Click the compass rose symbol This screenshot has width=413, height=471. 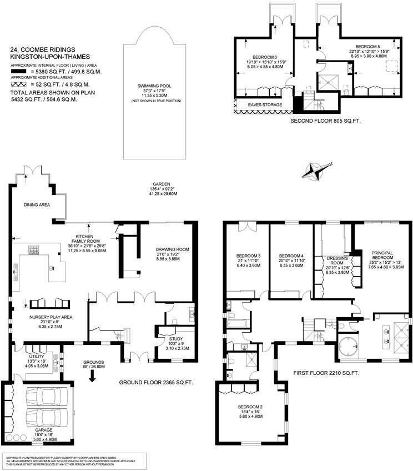pyautogui.click(x=314, y=170)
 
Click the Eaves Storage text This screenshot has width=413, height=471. pyautogui.click(x=265, y=104)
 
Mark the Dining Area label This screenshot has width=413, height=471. pyautogui.click(x=37, y=205)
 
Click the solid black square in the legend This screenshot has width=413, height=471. pyautogui.click(x=19, y=72)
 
